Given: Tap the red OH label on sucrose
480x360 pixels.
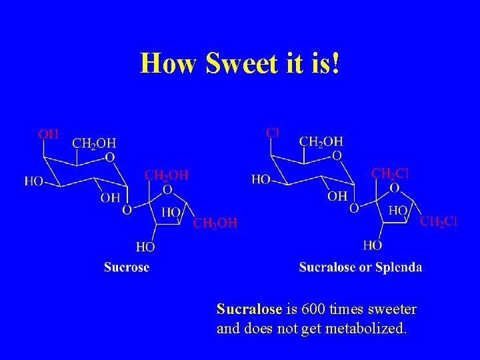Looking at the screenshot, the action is tap(48, 134).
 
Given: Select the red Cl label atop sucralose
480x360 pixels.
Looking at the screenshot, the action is tap(272, 132).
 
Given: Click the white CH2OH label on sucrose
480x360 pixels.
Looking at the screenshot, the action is tap(93, 143).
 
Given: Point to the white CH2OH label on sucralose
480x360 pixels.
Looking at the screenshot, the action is tap(321, 141).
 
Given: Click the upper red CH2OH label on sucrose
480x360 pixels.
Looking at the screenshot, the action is tap(167, 175).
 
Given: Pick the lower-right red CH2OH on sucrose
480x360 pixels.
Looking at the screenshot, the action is tap(215, 223).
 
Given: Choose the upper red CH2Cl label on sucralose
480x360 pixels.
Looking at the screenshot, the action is tap(390, 173).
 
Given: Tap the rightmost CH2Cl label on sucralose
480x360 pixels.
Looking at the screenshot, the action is tap(438, 221).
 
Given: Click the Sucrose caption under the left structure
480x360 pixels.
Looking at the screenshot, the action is tap(127, 267).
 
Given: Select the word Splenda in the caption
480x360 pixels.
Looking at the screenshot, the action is tap(399, 267).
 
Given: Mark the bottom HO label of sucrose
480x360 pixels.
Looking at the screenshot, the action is tap(145, 247).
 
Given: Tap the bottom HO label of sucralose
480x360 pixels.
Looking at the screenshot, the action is tap(373, 245).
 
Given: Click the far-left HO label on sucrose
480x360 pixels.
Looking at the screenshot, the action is tap(35, 181).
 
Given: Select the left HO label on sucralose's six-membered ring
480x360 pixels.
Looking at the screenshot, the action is tap(261, 179).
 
